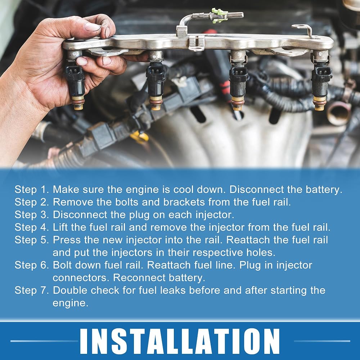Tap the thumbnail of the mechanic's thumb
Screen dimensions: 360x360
(92, 27)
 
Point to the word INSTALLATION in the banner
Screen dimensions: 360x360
(180, 341)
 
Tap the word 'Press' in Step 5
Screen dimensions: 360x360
(67, 240)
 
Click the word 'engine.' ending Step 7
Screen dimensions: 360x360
(71, 303)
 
